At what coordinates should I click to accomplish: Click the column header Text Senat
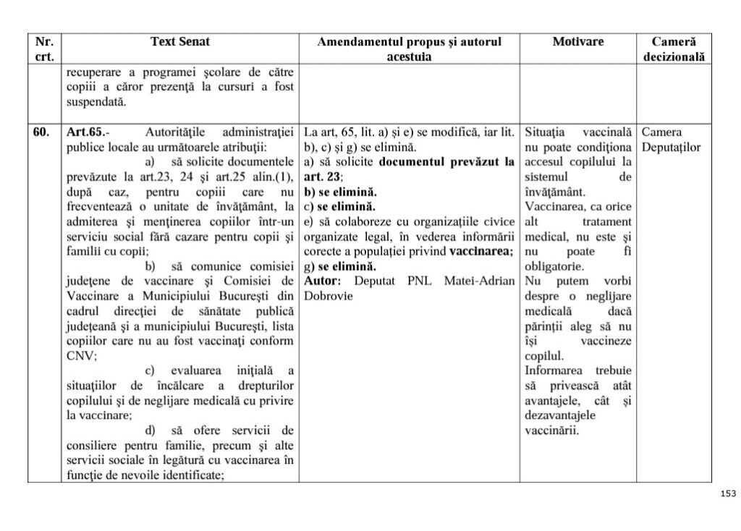point(180,42)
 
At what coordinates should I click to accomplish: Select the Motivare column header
point(577,42)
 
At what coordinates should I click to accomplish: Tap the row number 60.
point(41,132)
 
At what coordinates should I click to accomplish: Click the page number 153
point(727,493)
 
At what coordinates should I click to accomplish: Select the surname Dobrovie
point(328,295)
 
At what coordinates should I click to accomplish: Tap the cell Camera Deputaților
point(671,140)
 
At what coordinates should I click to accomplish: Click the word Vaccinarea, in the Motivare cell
point(556,206)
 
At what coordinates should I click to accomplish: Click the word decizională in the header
point(673,56)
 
